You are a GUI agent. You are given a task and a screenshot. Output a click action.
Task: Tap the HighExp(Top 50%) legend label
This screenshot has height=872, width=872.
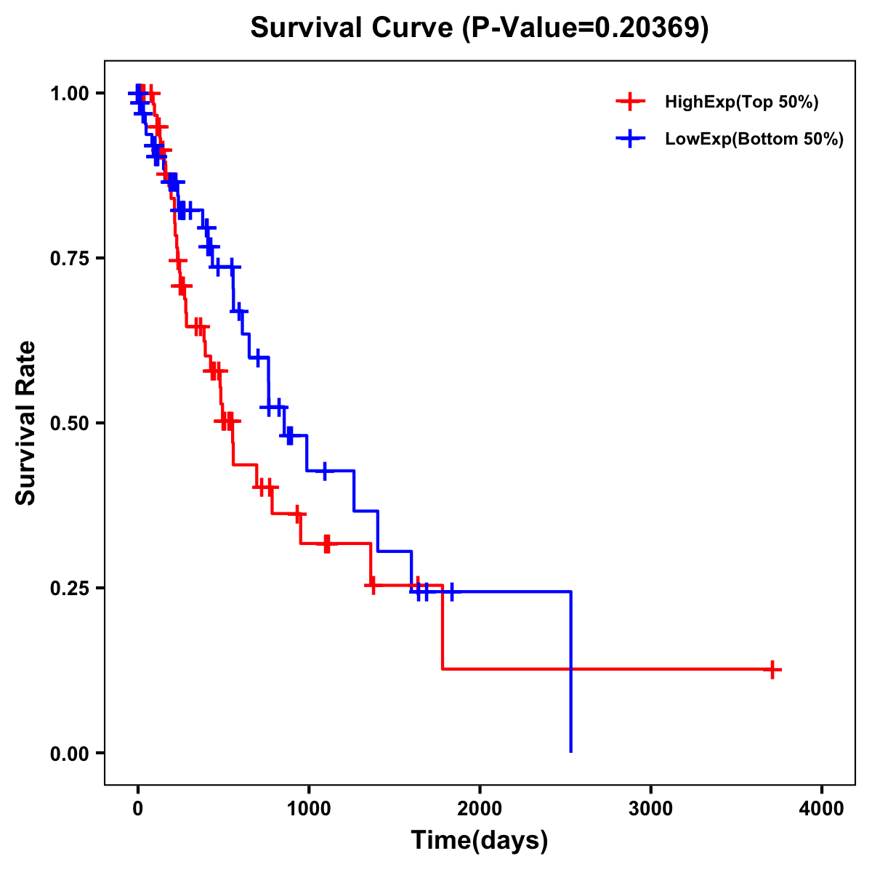click(x=742, y=102)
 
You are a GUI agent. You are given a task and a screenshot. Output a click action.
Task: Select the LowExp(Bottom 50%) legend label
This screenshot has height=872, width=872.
click(x=754, y=140)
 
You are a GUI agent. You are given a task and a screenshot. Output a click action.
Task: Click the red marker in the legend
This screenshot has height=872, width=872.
click(x=630, y=102)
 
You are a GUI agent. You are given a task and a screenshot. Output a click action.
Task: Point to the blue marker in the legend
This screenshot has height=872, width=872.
click(x=630, y=139)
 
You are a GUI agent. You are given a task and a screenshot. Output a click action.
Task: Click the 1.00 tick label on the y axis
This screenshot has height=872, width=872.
click(x=70, y=94)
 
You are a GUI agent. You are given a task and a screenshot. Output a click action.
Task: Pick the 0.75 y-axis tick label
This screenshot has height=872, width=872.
click(x=70, y=259)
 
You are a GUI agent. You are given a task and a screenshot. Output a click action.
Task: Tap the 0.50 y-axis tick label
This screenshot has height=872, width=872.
click(x=70, y=423)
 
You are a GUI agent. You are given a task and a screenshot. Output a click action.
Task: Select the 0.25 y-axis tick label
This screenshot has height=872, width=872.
click(x=70, y=588)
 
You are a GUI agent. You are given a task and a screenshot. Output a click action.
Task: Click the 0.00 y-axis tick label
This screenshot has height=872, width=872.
click(x=70, y=754)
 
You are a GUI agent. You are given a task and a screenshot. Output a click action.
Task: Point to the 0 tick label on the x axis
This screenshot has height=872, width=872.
click(x=137, y=809)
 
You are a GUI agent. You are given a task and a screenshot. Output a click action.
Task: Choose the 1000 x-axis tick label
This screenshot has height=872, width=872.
click(x=308, y=809)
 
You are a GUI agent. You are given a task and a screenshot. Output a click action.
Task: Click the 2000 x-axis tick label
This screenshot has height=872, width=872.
click(x=480, y=809)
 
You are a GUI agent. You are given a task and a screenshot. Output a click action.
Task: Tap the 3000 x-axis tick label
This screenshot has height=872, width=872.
click(x=650, y=809)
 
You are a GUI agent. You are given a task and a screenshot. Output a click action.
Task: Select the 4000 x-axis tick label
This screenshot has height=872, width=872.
click(x=822, y=809)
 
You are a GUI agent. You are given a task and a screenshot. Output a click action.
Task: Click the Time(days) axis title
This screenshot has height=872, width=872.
click(x=480, y=841)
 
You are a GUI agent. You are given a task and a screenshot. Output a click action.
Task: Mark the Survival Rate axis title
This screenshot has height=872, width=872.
click(x=26, y=423)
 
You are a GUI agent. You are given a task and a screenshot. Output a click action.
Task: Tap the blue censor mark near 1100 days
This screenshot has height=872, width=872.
click(x=325, y=471)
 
